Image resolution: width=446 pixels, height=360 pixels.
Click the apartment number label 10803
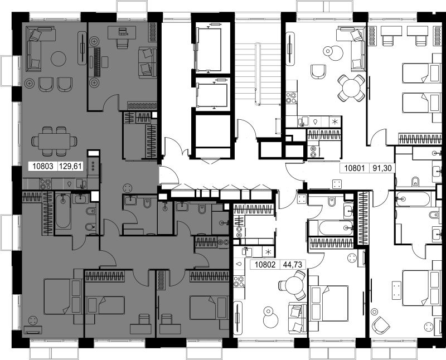pyautogui.click(x=43, y=166)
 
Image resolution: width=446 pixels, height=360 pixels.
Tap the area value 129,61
pyautogui.click(x=71, y=166)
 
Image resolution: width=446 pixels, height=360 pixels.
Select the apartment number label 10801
pyautogui.click(x=355, y=168)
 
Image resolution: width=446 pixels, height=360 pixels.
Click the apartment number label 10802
pyautogui.click(x=265, y=265)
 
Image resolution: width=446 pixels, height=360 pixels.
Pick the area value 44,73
pyautogui.click(x=293, y=265)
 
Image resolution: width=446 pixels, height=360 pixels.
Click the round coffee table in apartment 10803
pyautogui.click(x=59, y=59)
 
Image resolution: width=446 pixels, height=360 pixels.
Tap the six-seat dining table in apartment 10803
pyautogui.click(x=54, y=141)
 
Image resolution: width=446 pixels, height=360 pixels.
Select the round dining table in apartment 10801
pyautogui.click(x=352, y=88)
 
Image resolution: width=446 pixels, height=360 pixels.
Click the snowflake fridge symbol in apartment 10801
pyautogui.click(x=334, y=121)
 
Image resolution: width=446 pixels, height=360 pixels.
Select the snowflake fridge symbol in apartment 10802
pyautogui.click(x=268, y=252)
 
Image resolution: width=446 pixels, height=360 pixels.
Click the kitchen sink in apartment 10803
pyautogui.click(x=81, y=183)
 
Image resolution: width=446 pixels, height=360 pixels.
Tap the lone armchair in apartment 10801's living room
pyautogui.click(x=318, y=72)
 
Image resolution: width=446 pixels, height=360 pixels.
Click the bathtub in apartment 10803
pyautogui.click(x=63, y=211)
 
